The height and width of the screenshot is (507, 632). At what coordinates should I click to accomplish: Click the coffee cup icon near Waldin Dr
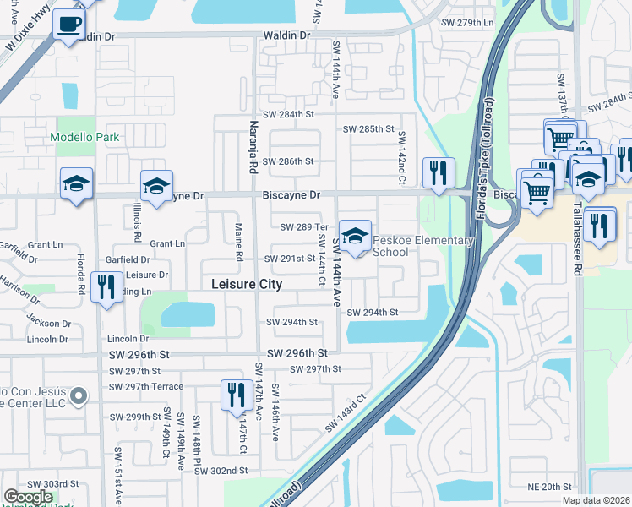click(68, 24)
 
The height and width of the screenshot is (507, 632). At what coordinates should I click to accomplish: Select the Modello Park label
click(84, 137)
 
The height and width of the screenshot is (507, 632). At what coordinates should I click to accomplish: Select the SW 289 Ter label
click(303, 227)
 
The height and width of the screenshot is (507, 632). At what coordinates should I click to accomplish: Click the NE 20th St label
click(550, 487)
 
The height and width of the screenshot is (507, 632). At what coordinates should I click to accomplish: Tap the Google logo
click(29, 498)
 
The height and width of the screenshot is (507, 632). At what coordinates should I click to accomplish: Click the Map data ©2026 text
click(596, 500)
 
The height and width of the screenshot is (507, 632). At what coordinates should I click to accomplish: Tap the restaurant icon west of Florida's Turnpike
click(439, 173)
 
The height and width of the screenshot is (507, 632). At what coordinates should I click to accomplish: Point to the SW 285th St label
click(369, 129)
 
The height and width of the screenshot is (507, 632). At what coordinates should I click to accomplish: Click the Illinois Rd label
click(136, 226)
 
